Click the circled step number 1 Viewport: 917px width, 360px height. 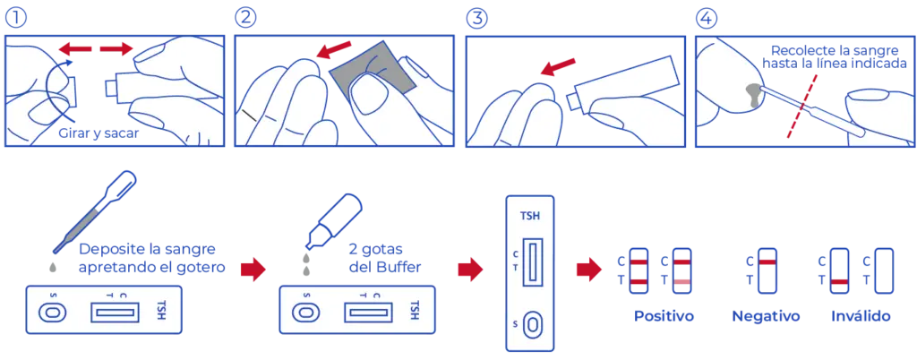[x=15, y=19]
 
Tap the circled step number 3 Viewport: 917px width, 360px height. [x=476, y=19]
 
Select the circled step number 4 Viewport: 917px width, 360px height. [x=706, y=19]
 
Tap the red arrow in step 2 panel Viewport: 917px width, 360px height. [x=333, y=49]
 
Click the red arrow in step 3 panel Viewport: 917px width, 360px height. [x=558, y=66]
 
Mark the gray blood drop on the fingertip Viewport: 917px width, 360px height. [x=752, y=93]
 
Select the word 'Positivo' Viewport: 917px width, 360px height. [x=664, y=317]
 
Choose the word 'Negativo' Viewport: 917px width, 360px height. [x=766, y=317]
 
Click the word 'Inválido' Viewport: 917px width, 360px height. [x=861, y=317]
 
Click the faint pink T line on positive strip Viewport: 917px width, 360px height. [x=681, y=282]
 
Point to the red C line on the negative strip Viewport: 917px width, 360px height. [x=767, y=261]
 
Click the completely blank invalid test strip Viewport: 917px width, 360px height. [x=884, y=271]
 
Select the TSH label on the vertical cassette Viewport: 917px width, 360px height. [x=530, y=215]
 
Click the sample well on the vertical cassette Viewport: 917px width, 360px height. [x=531, y=324]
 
